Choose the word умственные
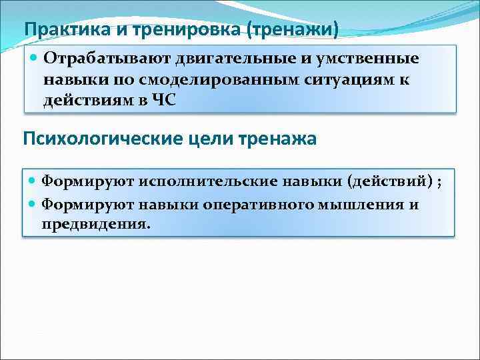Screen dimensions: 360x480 (366, 59)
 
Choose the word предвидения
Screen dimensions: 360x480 (96, 224)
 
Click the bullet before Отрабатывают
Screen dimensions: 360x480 (35, 59)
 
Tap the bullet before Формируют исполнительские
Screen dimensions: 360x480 (33, 181)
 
